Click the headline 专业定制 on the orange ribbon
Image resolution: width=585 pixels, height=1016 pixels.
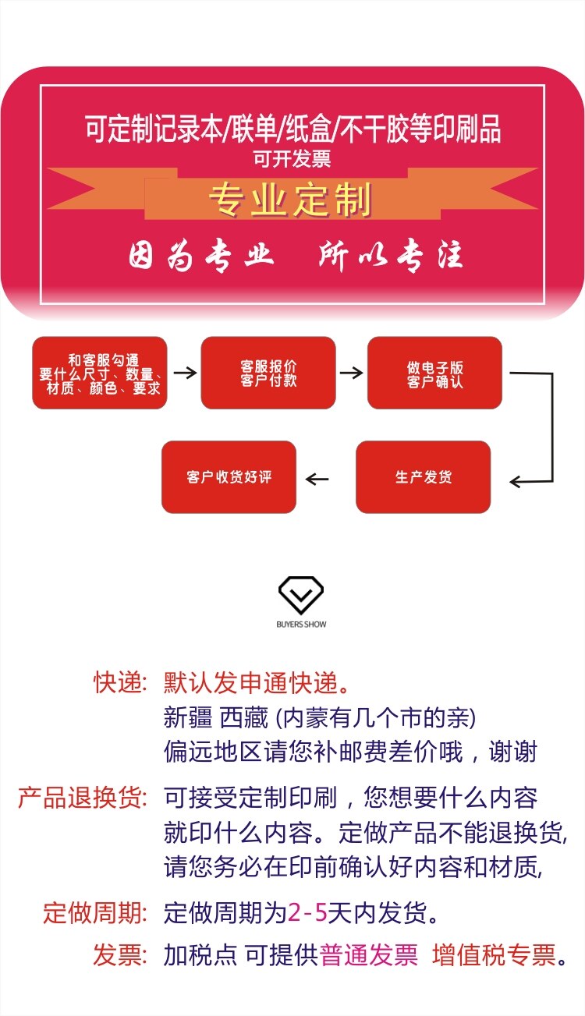290,200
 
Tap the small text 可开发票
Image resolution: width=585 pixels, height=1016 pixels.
292,159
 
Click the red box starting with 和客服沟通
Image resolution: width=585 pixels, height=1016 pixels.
100,373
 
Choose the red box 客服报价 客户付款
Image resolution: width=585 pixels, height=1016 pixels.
268,373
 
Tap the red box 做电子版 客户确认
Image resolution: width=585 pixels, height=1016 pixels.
434,373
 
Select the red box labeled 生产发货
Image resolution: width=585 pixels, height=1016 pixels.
424,477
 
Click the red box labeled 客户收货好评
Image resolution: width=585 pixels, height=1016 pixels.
229,477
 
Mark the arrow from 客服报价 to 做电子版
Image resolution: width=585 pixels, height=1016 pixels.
352,373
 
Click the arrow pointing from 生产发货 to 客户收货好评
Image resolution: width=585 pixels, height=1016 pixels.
317,478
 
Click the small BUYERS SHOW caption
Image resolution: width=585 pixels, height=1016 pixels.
301,625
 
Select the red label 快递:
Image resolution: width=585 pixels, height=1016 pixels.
120,683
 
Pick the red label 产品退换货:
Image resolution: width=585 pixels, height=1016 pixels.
82,798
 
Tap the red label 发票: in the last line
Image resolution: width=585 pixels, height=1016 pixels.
120,954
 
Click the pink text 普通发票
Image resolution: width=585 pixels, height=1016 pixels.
369,954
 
